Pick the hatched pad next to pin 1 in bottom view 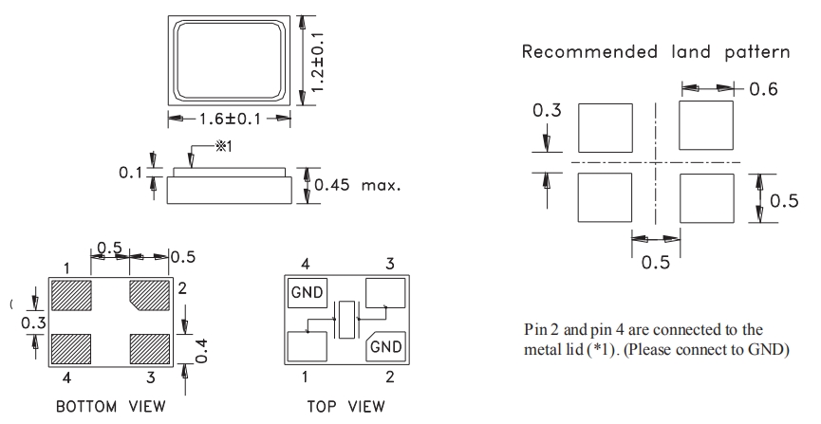pyautogui.click(x=71, y=294)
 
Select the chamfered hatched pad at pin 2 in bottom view pyautogui.click(x=148, y=294)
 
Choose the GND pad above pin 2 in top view pyautogui.click(x=386, y=346)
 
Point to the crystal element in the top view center pyautogui.click(x=346, y=320)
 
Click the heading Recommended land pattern pyautogui.click(x=656, y=51)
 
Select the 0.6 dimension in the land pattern pyautogui.click(x=762, y=89)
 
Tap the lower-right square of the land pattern pyautogui.click(x=707, y=198)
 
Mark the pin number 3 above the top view pyautogui.click(x=388, y=263)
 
